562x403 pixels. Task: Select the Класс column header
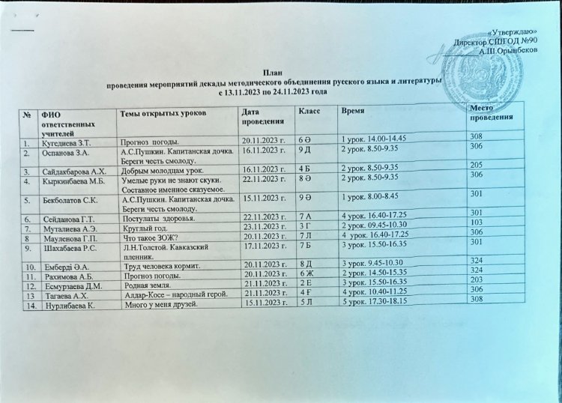[310, 111]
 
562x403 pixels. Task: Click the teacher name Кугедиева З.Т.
[67, 140]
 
